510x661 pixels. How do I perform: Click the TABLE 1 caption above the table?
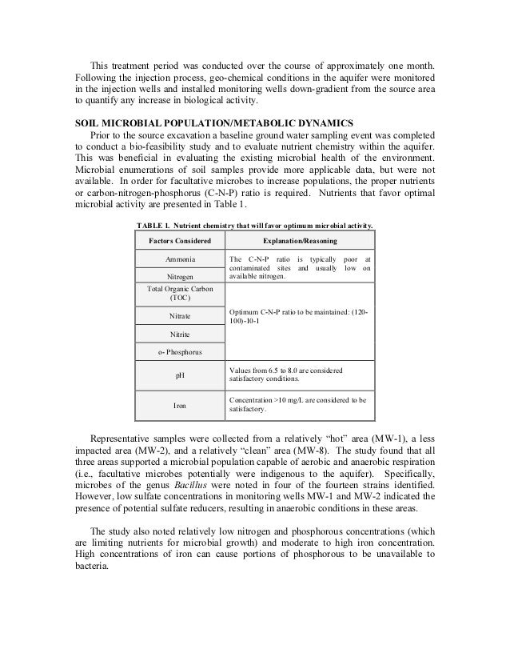[x=255, y=226]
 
